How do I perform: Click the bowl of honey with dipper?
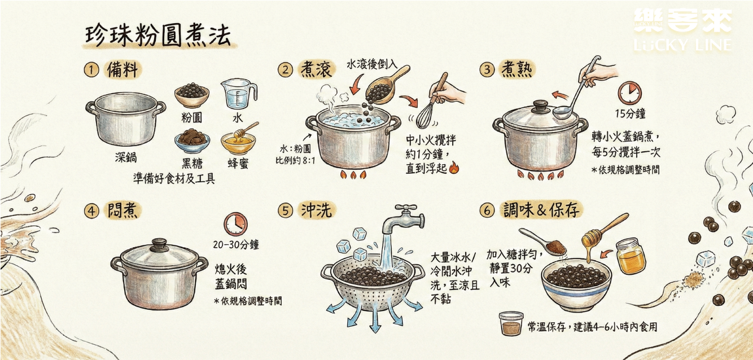coord(237,142)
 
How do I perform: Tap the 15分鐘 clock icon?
coord(629,93)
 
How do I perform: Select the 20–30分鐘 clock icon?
coord(235,224)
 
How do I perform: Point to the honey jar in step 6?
coord(631,256)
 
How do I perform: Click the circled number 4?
coord(91,211)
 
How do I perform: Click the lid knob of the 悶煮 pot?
coord(159,244)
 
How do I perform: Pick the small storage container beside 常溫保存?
coord(511,324)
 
